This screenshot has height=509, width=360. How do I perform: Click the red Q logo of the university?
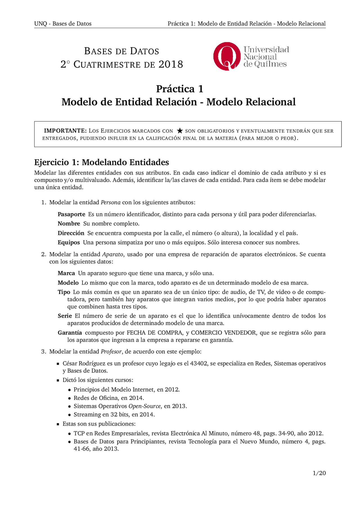pos(227,56)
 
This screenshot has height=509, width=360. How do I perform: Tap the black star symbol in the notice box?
pos(180,131)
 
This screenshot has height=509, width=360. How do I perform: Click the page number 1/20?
pos(319,473)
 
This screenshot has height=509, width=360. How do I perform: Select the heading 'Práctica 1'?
pos(179,89)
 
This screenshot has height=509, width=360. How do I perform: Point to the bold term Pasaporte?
pos(71,214)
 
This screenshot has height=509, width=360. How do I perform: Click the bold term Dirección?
pos(71,233)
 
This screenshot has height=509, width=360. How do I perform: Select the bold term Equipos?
pos(69,242)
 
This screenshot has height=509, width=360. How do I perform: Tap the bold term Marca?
pos(66,273)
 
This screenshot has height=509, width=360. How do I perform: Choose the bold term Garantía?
pos(70,332)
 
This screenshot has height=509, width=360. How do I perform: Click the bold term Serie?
pos(65,316)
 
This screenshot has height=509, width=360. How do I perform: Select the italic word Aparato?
pos(112,254)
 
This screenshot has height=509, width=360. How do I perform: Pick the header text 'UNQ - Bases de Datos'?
pos(63,24)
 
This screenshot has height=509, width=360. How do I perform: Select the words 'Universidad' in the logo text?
pos(266,49)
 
